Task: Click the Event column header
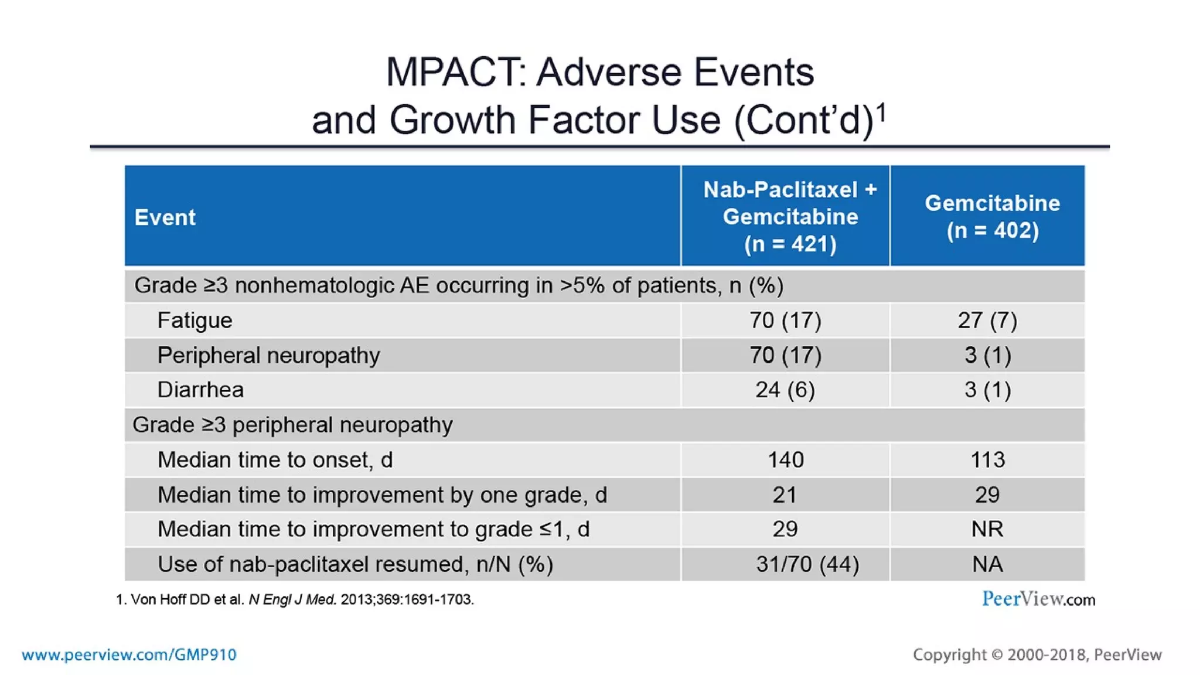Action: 165,217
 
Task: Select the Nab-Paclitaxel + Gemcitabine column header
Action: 790,216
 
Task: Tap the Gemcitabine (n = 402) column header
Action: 993,217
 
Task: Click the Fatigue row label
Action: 195,320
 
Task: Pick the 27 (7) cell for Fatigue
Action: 987,320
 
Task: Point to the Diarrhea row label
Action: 200,390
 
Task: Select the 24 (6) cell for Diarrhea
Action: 785,390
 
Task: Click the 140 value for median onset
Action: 785,459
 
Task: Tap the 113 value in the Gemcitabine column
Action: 987,459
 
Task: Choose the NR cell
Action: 987,529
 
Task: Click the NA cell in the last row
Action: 987,564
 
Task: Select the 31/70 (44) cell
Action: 807,564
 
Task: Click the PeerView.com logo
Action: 1038,599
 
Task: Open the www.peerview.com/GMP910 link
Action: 129,654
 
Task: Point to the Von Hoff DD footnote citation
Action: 295,599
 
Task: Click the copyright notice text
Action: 1037,654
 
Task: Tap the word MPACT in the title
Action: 455,72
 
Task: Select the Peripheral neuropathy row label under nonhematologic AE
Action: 268,355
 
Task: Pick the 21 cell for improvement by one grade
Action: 785,495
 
